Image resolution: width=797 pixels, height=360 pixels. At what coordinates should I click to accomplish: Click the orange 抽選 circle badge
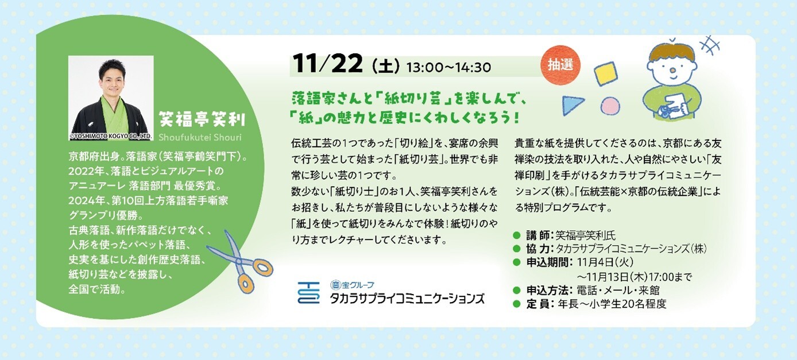[x=560, y=65]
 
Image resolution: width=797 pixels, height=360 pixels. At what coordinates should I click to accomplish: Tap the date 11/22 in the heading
[x=328, y=64]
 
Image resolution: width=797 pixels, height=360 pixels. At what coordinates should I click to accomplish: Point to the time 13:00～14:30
[x=448, y=67]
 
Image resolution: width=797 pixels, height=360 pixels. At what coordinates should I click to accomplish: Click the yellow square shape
[x=605, y=73]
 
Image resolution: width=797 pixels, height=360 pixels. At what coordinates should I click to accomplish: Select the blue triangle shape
[x=572, y=105]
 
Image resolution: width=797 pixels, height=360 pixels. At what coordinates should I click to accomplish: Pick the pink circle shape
[x=610, y=106]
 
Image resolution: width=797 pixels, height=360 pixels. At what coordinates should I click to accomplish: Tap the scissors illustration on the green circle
[x=241, y=262]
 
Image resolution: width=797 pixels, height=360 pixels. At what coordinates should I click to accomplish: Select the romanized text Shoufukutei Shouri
[x=200, y=137]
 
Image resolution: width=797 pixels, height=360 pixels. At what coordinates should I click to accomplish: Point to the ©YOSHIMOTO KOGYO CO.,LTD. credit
[x=111, y=136]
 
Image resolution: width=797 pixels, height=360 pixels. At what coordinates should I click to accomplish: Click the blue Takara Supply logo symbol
[x=308, y=293]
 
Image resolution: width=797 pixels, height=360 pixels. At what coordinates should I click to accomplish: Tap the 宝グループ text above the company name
[x=352, y=285]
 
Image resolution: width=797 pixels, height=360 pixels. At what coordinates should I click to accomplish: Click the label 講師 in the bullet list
[x=537, y=235]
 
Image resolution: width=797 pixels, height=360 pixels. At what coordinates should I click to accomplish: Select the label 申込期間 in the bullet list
[x=548, y=262]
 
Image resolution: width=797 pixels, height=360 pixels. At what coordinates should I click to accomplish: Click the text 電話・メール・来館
[x=618, y=291]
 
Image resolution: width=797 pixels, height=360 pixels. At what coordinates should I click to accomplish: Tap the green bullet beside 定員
[x=517, y=304]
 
